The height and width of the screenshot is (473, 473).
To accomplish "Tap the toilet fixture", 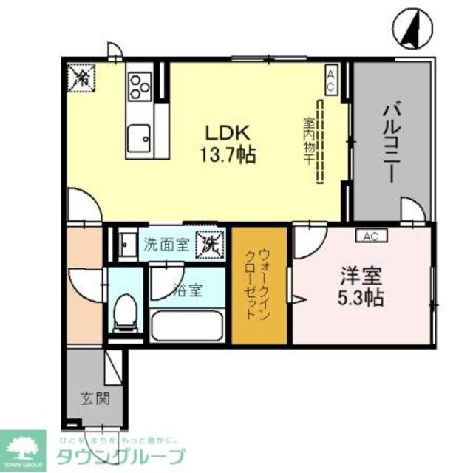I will click(x=126, y=311).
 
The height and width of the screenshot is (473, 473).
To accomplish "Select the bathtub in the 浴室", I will click(x=188, y=324).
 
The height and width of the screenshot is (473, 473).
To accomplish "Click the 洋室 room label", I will click(x=361, y=278).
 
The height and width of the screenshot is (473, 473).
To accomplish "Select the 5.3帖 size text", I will click(x=361, y=299).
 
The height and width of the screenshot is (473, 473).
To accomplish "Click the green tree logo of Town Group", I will click(x=22, y=446).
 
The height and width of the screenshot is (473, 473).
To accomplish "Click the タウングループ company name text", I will click(x=122, y=456).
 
